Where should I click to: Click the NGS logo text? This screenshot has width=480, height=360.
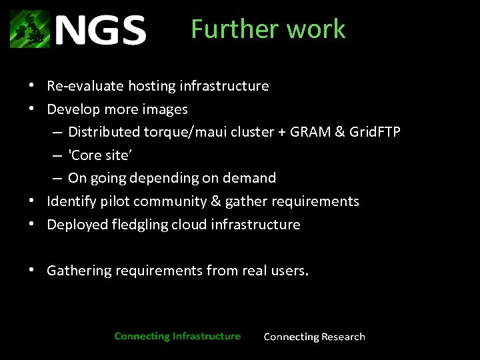100,30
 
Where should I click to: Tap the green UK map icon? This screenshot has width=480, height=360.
30,29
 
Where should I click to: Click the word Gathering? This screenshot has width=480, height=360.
79,271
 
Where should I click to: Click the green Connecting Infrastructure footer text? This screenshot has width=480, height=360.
177,336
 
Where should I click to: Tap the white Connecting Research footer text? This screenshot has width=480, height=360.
315,337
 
